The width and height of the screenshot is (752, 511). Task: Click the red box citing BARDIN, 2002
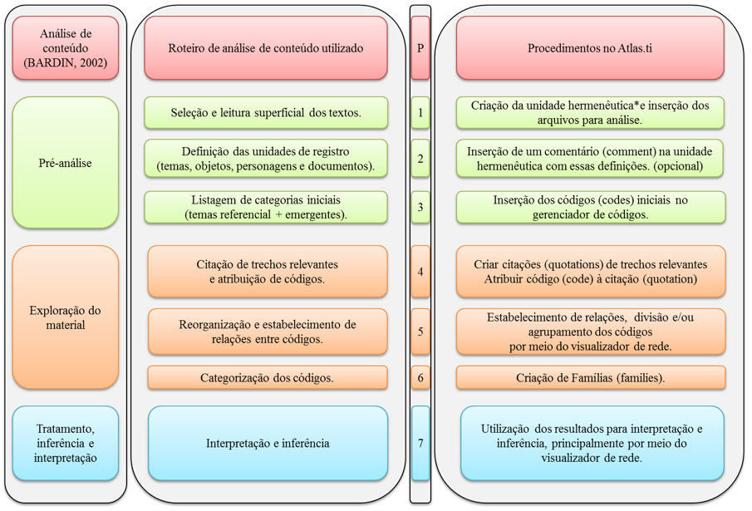pos(65,48)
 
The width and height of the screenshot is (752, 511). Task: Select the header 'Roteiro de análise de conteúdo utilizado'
pos(266,48)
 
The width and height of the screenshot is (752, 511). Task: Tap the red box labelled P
pos(420,48)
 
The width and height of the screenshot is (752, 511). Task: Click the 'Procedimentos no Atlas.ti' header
pos(590,48)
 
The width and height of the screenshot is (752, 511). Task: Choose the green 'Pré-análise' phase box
pos(65,163)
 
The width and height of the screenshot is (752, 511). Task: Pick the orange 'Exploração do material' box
pos(65,317)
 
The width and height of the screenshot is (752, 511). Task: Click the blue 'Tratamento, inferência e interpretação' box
pos(65,444)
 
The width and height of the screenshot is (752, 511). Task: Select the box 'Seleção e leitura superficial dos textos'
pos(266,113)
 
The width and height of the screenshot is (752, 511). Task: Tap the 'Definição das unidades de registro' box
pos(266,159)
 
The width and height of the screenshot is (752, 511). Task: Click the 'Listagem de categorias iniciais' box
pos(266,207)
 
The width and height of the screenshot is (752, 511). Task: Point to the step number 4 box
pos(420,272)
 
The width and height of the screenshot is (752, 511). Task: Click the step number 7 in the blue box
pos(420,444)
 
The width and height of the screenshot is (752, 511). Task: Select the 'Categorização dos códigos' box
pos(268,378)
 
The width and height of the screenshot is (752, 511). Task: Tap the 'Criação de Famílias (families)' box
pos(590,378)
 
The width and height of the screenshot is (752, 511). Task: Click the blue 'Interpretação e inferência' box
pos(268,444)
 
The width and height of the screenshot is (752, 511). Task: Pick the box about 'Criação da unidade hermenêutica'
pos(590,113)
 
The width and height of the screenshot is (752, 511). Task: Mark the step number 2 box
pos(420,159)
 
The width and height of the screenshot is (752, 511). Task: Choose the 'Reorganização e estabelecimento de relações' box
pos(268,332)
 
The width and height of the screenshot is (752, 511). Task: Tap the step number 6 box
pos(420,378)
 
